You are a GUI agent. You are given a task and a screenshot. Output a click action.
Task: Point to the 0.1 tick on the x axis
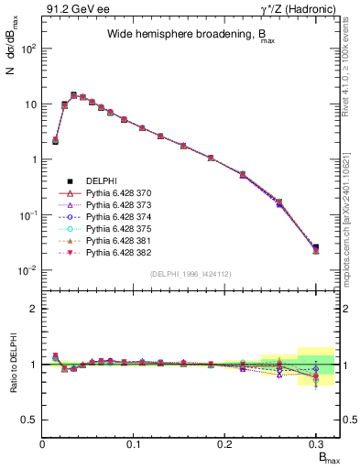coord(135,443)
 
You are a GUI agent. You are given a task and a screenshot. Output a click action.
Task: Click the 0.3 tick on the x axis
coord(316,443)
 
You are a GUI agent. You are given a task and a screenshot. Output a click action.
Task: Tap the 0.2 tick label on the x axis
coord(225,443)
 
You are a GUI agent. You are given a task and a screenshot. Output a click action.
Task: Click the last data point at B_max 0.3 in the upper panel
coord(316,248)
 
